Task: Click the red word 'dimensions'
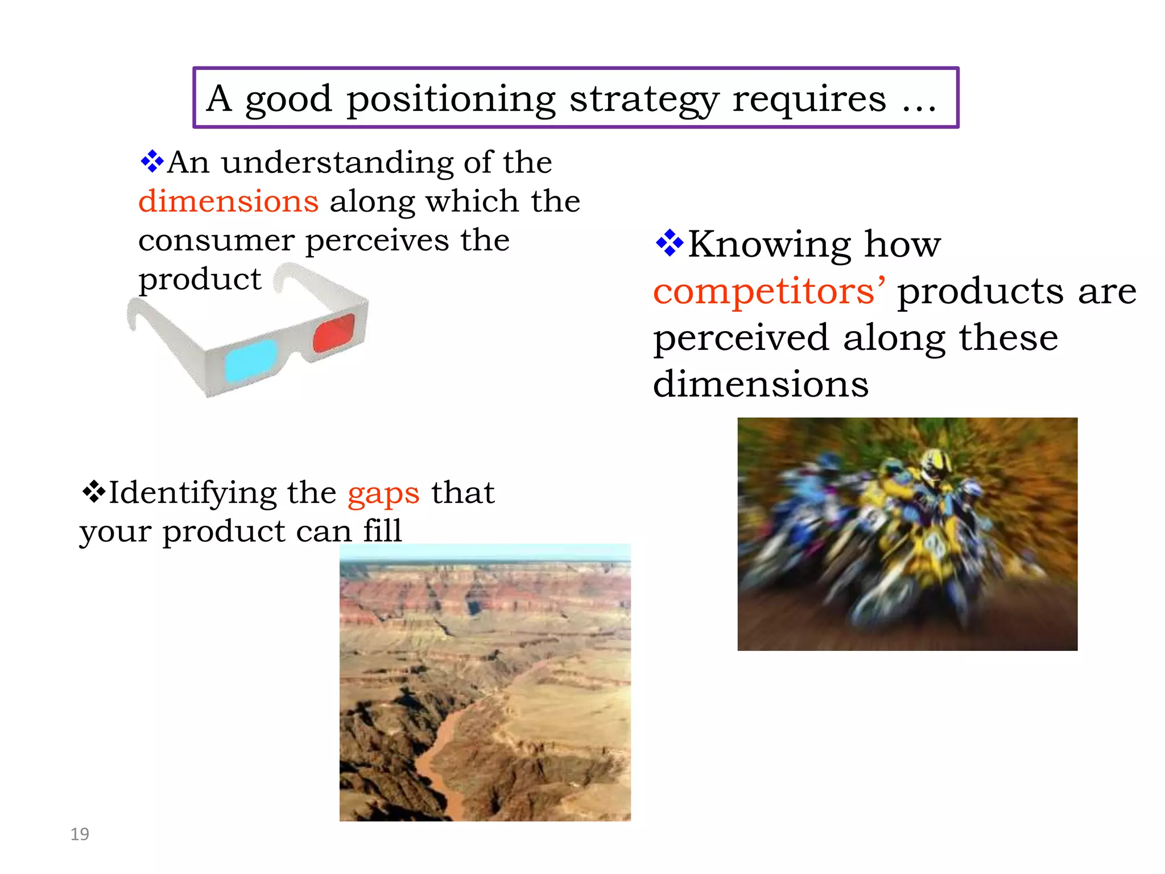tap(228, 201)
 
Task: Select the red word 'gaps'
tap(383, 493)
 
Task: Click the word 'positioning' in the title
tap(451, 99)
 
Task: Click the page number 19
tap(80, 834)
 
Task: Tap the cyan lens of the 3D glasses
tap(251, 360)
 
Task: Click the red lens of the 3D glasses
tap(334, 332)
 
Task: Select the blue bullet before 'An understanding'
tap(152, 161)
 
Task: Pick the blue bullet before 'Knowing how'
tap(670, 243)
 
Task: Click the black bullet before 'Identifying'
tap(93, 491)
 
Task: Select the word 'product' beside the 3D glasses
tap(200, 279)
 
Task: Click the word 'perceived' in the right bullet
tap(741, 338)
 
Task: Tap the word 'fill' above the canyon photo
tap(382, 531)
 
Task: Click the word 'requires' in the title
tap(809, 99)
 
